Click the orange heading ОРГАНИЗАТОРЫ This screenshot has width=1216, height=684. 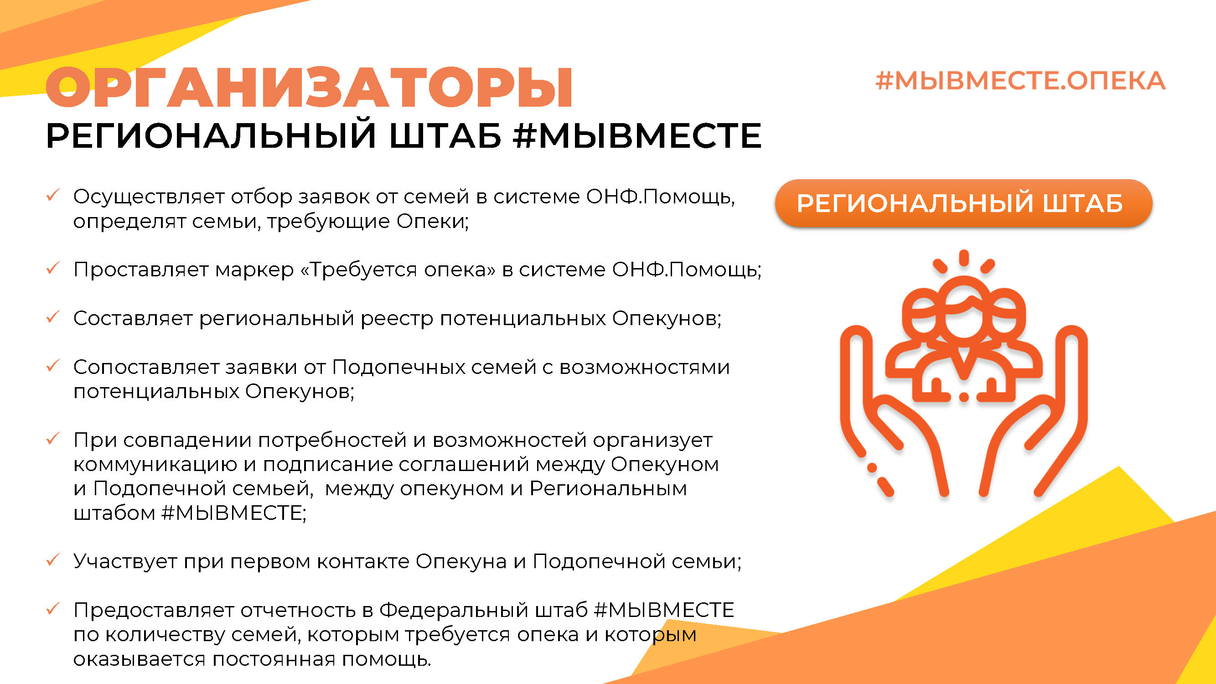pos(309,88)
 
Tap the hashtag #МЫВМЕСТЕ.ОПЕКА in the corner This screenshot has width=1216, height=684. pos(1020,81)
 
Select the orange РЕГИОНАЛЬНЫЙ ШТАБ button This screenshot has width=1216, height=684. pos(963,203)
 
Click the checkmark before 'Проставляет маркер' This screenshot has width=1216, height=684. pos(52,268)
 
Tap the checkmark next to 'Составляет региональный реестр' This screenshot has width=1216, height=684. pos(52,316)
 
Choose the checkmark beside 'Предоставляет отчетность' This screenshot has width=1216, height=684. pos(52,608)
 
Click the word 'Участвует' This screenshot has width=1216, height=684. pos(125,562)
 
